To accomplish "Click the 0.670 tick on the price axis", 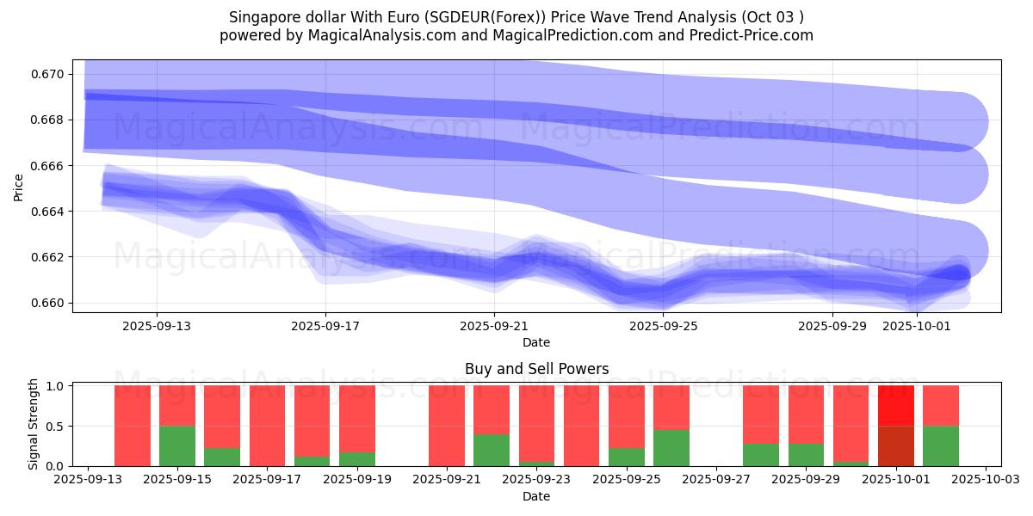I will point(49,74).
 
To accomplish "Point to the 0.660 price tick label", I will point(49,303).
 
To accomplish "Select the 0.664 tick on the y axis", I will point(49,212).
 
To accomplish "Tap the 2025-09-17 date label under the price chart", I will point(325,326).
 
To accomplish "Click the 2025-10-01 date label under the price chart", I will point(917,326).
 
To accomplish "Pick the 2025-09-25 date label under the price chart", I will point(663,326).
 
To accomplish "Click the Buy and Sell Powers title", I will point(536,369).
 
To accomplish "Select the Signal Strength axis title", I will point(34,424).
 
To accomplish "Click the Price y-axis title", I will point(19,187).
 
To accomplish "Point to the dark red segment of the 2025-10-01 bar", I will point(896,445).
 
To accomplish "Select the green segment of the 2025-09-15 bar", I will point(177,445).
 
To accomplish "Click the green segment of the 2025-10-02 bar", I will point(941,445).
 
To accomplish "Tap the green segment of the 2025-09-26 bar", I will point(671,448).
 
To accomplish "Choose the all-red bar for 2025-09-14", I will point(133,426).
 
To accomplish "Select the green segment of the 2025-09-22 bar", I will point(492,450).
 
